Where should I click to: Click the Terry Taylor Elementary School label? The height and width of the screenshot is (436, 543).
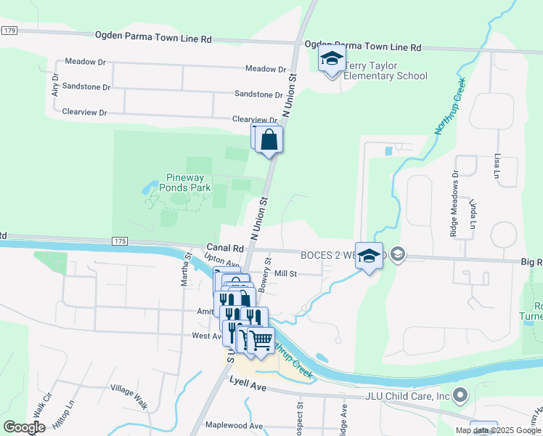pyautogui.click(x=385, y=70)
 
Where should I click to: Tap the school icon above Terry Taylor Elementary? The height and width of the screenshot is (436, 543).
pyautogui.click(x=332, y=60)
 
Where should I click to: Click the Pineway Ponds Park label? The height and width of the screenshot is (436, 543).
pyautogui.click(x=179, y=182)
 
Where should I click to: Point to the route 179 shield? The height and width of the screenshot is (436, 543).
pyautogui.click(x=9, y=31)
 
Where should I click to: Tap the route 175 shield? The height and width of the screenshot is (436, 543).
pyautogui.click(x=121, y=241)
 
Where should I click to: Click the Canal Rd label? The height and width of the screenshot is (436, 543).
pyautogui.click(x=224, y=248)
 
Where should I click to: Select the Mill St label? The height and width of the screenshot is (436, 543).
pyautogui.click(x=287, y=274)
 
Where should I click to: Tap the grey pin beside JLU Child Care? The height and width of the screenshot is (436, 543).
pyautogui.click(x=459, y=396)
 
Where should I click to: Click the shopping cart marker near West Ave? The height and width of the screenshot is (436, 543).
pyautogui.click(x=261, y=339)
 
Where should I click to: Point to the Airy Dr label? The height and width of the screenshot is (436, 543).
pyautogui.click(x=54, y=89)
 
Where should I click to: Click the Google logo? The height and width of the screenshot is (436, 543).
pyautogui.click(x=24, y=427)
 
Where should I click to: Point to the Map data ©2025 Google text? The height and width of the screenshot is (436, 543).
pyautogui.click(x=497, y=430)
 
